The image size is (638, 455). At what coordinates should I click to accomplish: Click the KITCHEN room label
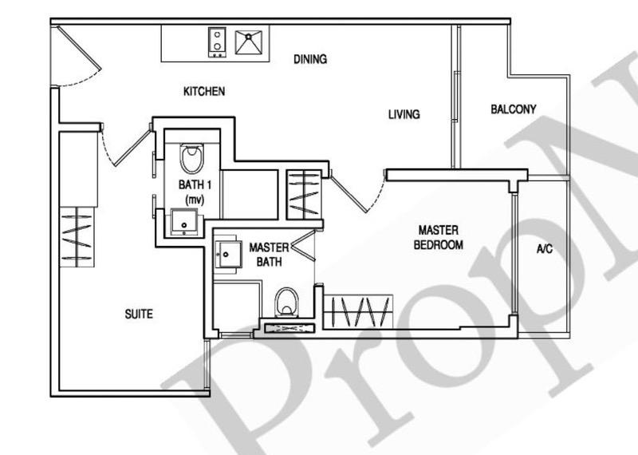tap(204, 92)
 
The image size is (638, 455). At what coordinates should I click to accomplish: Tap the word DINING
tap(310, 59)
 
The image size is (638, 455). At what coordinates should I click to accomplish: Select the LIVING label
tap(404, 115)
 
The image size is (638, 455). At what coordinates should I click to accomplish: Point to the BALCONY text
tap(513, 109)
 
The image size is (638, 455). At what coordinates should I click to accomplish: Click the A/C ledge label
tap(544, 249)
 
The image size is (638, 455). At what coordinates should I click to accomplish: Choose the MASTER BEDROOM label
tap(438, 237)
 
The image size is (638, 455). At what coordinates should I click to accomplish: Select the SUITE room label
tap(139, 314)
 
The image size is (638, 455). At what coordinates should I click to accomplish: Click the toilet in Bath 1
tap(191, 158)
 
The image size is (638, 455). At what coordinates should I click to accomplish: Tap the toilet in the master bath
tap(286, 303)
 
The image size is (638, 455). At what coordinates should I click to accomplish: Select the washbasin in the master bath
tap(230, 255)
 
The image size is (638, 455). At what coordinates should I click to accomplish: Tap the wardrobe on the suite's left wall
tap(77, 235)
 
